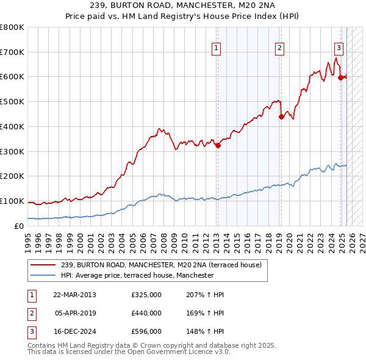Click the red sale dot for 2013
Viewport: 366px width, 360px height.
pyautogui.click(x=218, y=145)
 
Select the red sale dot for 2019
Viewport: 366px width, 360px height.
pyautogui.click(x=281, y=117)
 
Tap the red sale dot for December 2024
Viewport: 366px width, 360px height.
pyautogui.click(x=340, y=77)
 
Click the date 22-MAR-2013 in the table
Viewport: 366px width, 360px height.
pyautogui.click(x=74, y=295)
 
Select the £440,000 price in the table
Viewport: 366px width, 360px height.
pyautogui.click(x=146, y=313)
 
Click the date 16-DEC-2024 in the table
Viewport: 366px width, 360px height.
pyautogui.click(x=74, y=331)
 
